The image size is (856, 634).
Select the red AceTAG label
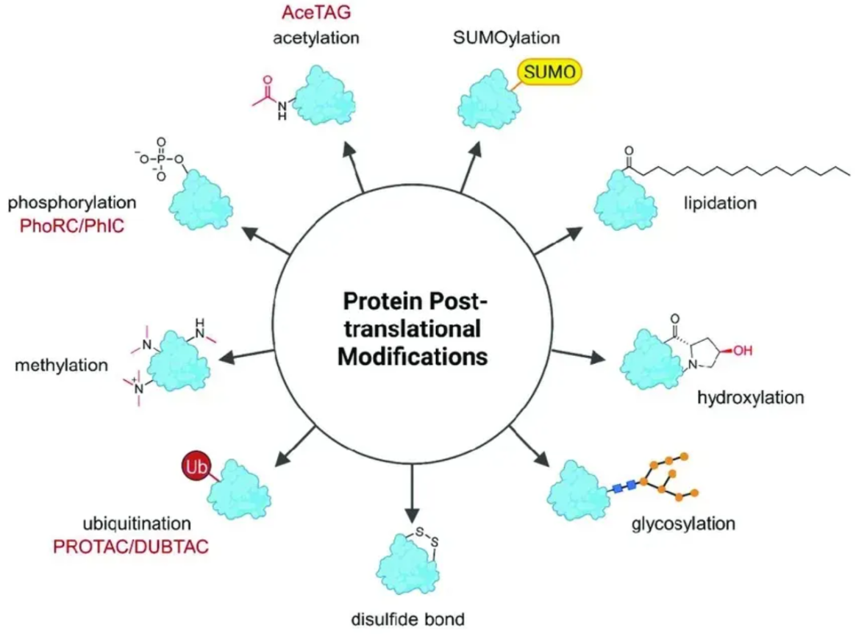pyautogui.click(x=317, y=13)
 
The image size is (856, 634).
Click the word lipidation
pyautogui.click(x=721, y=203)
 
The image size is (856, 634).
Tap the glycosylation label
pyautogui.click(x=683, y=524)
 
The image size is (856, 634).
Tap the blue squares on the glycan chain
pyautogui.click(x=624, y=486)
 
